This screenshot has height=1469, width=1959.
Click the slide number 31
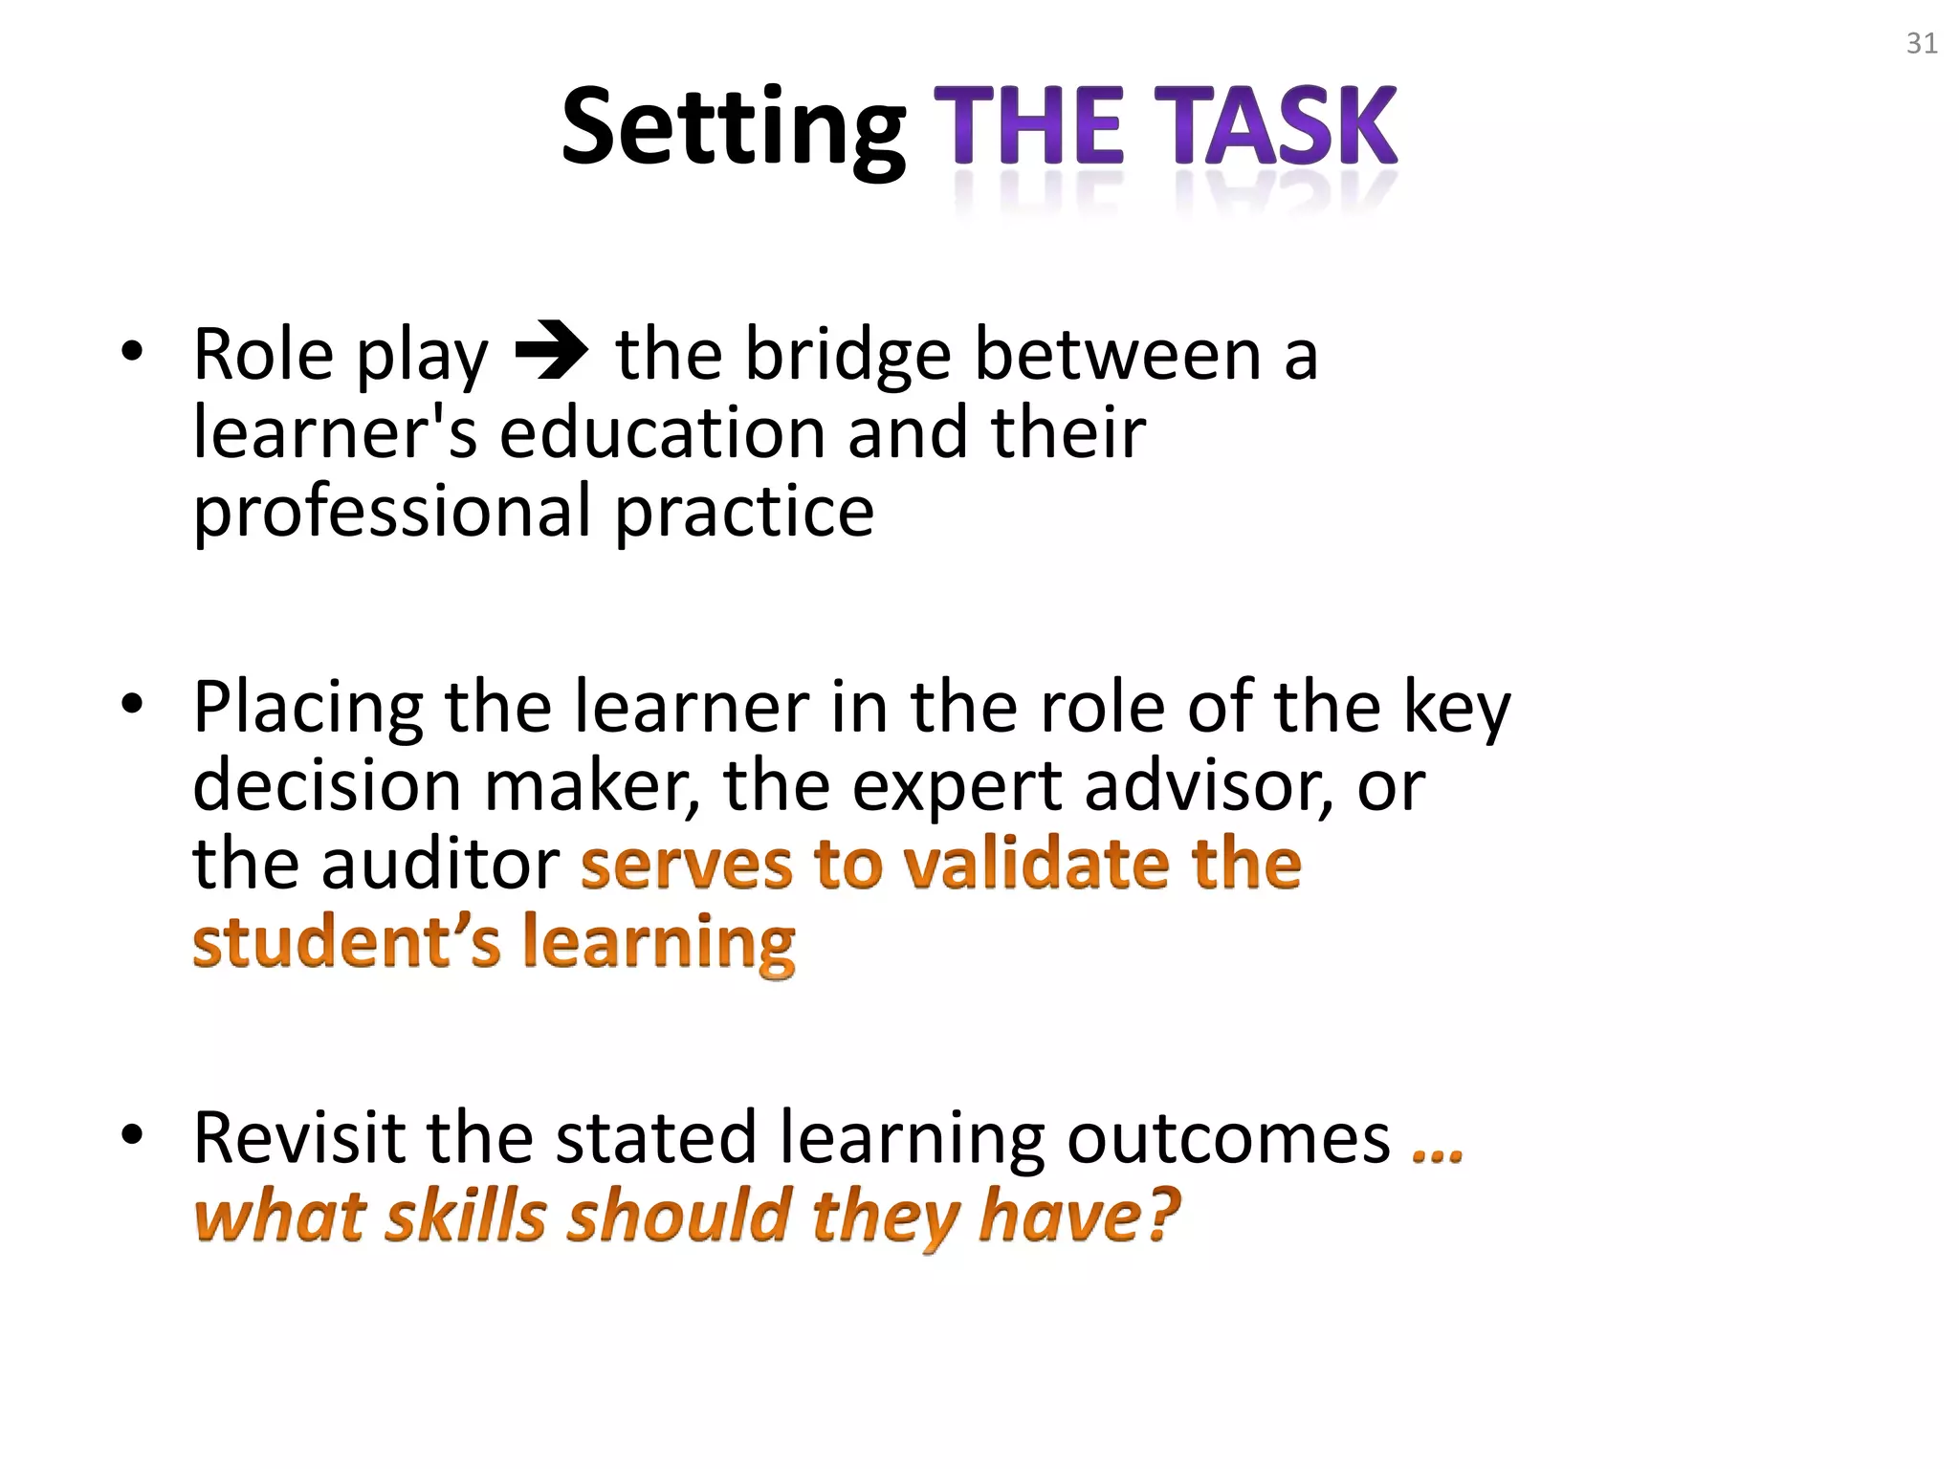1922,44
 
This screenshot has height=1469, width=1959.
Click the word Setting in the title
733,128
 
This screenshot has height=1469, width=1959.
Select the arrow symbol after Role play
552,354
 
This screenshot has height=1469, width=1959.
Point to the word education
661,432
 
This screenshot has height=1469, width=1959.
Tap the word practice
744,512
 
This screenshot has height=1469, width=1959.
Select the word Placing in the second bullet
307,709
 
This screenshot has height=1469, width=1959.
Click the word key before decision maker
1457,709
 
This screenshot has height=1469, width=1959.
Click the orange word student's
346,942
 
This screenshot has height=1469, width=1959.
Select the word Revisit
297,1138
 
